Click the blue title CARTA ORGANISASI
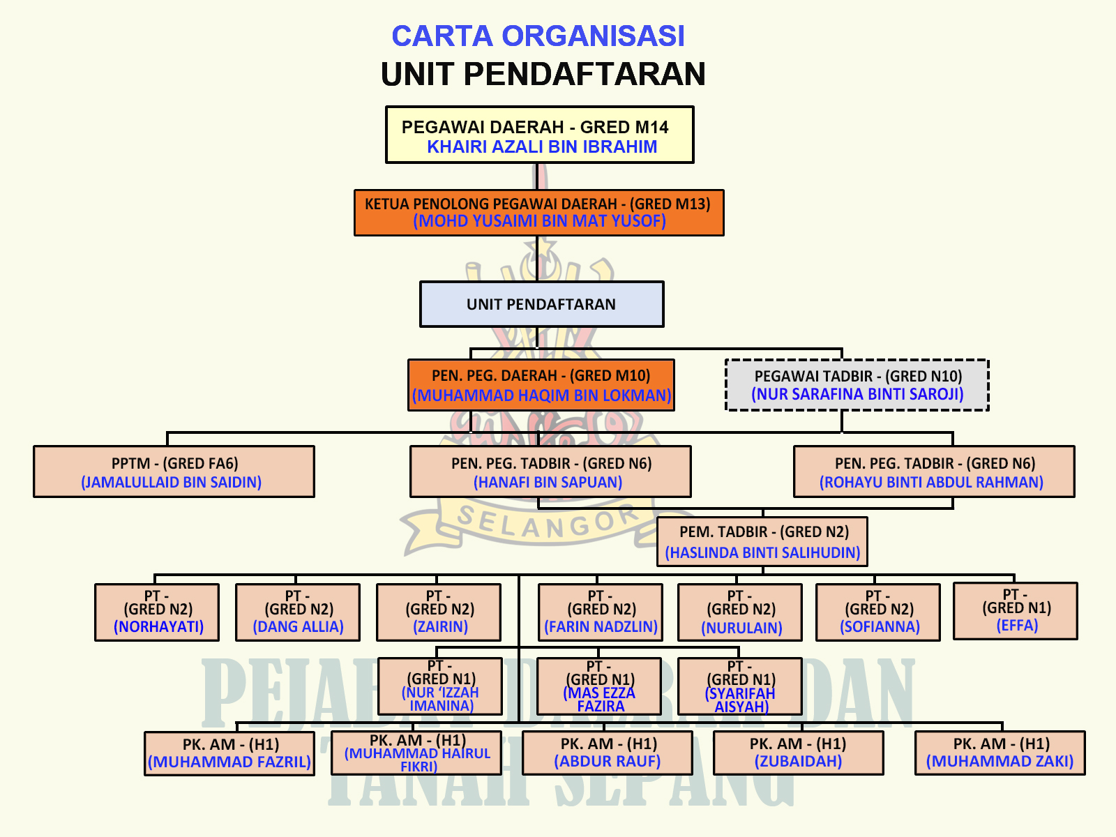pyautogui.click(x=538, y=36)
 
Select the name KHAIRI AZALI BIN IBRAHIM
pyautogui.click(x=542, y=147)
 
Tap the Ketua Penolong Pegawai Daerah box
pyautogui.click(x=539, y=213)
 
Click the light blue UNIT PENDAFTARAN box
pyautogui.click(x=542, y=304)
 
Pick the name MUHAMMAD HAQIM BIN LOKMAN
pyautogui.click(x=541, y=395)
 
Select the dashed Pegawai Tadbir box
pyautogui.click(x=857, y=385)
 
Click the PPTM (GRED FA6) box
pyautogui.click(x=174, y=472)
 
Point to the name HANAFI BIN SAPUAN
pyautogui.click(x=548, y=482)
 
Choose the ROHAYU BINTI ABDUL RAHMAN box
pyautogui.click(x=934, y=472)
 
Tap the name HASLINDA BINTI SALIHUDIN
pyautogui.click(x=762, y=553)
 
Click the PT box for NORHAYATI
pyautogui.click(x=157, y=612)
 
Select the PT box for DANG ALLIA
pyautogui.click(x=298, y=612)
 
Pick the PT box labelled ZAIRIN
pyautogui.click(x=439, y=612)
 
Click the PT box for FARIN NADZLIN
pyautogui.click(x=601, y=612)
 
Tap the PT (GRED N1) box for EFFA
pyautogui.click(x=1016, y=611)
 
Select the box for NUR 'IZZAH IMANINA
pyautogui.click(x=440, y=686)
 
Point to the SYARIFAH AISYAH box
pyautogui.click(x=740, y=686)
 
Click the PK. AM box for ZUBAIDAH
pyautogui.click(x=798, y=753)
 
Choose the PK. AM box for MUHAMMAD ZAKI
pyautogui.click(x=1000, y=753)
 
